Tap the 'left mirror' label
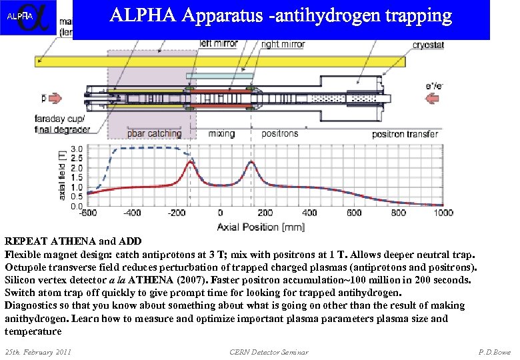pyautogui.click(x=219, y=44)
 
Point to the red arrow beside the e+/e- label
pyautogui.click(x=432, y=99)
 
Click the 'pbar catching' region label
pyautogui.click(x=155, y=133)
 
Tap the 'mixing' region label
pyautogui.click(x=221, y=133)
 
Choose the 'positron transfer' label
pyautogui.click(x=405, y=134)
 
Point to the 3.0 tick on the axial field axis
pyautogui.click(x=77, y=149)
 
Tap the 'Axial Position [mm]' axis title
pyautogui.click(x=261, y=226)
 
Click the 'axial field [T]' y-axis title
pyautogui.click(x=62, y=175)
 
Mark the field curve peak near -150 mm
pyautogui.click(x=191, y=162)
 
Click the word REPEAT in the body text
pyautogui.click(x=24, y=241)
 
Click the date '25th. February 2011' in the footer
pyautogui.click(x=38, y=351)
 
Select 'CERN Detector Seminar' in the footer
pyautogui.click(x=269, y=351)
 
